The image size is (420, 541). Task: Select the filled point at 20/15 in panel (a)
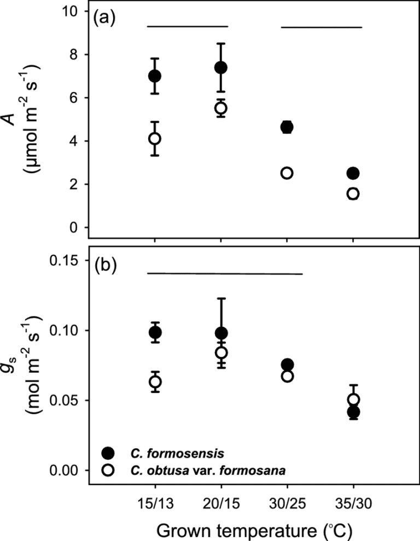point(221,68)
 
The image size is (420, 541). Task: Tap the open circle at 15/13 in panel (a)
point(155,139)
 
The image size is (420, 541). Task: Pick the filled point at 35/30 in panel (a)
point(353,173)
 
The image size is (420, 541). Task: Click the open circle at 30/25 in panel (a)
point(287,173)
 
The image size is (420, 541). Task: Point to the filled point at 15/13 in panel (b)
point(155,332)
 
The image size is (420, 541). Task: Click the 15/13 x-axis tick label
point(155,501)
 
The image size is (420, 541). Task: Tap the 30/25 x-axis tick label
point(287,501)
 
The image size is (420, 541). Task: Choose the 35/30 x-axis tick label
point(353,501)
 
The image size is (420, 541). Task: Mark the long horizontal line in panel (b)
point(225,273)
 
